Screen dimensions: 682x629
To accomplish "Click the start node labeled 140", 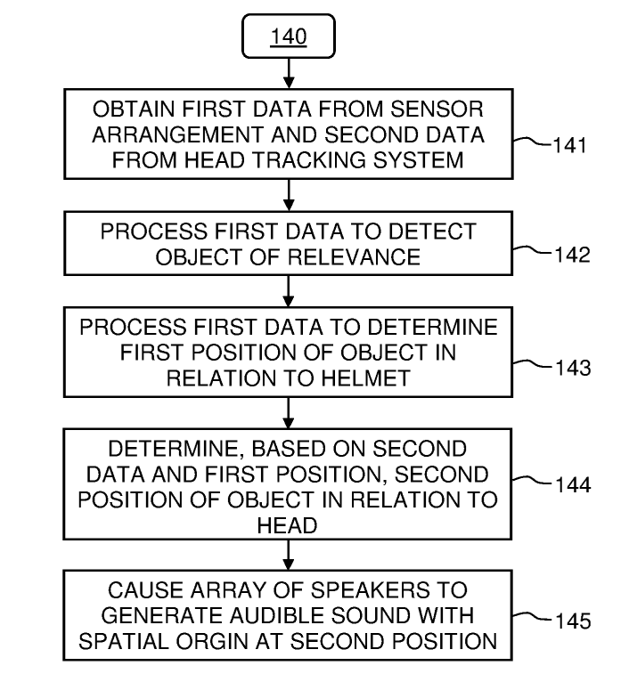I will pos(289,37).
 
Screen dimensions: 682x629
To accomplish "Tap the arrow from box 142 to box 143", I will pos(288,290).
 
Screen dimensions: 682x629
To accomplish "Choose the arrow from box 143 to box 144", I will pos(288,411).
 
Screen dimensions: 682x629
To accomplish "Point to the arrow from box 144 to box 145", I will pos(288,556).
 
